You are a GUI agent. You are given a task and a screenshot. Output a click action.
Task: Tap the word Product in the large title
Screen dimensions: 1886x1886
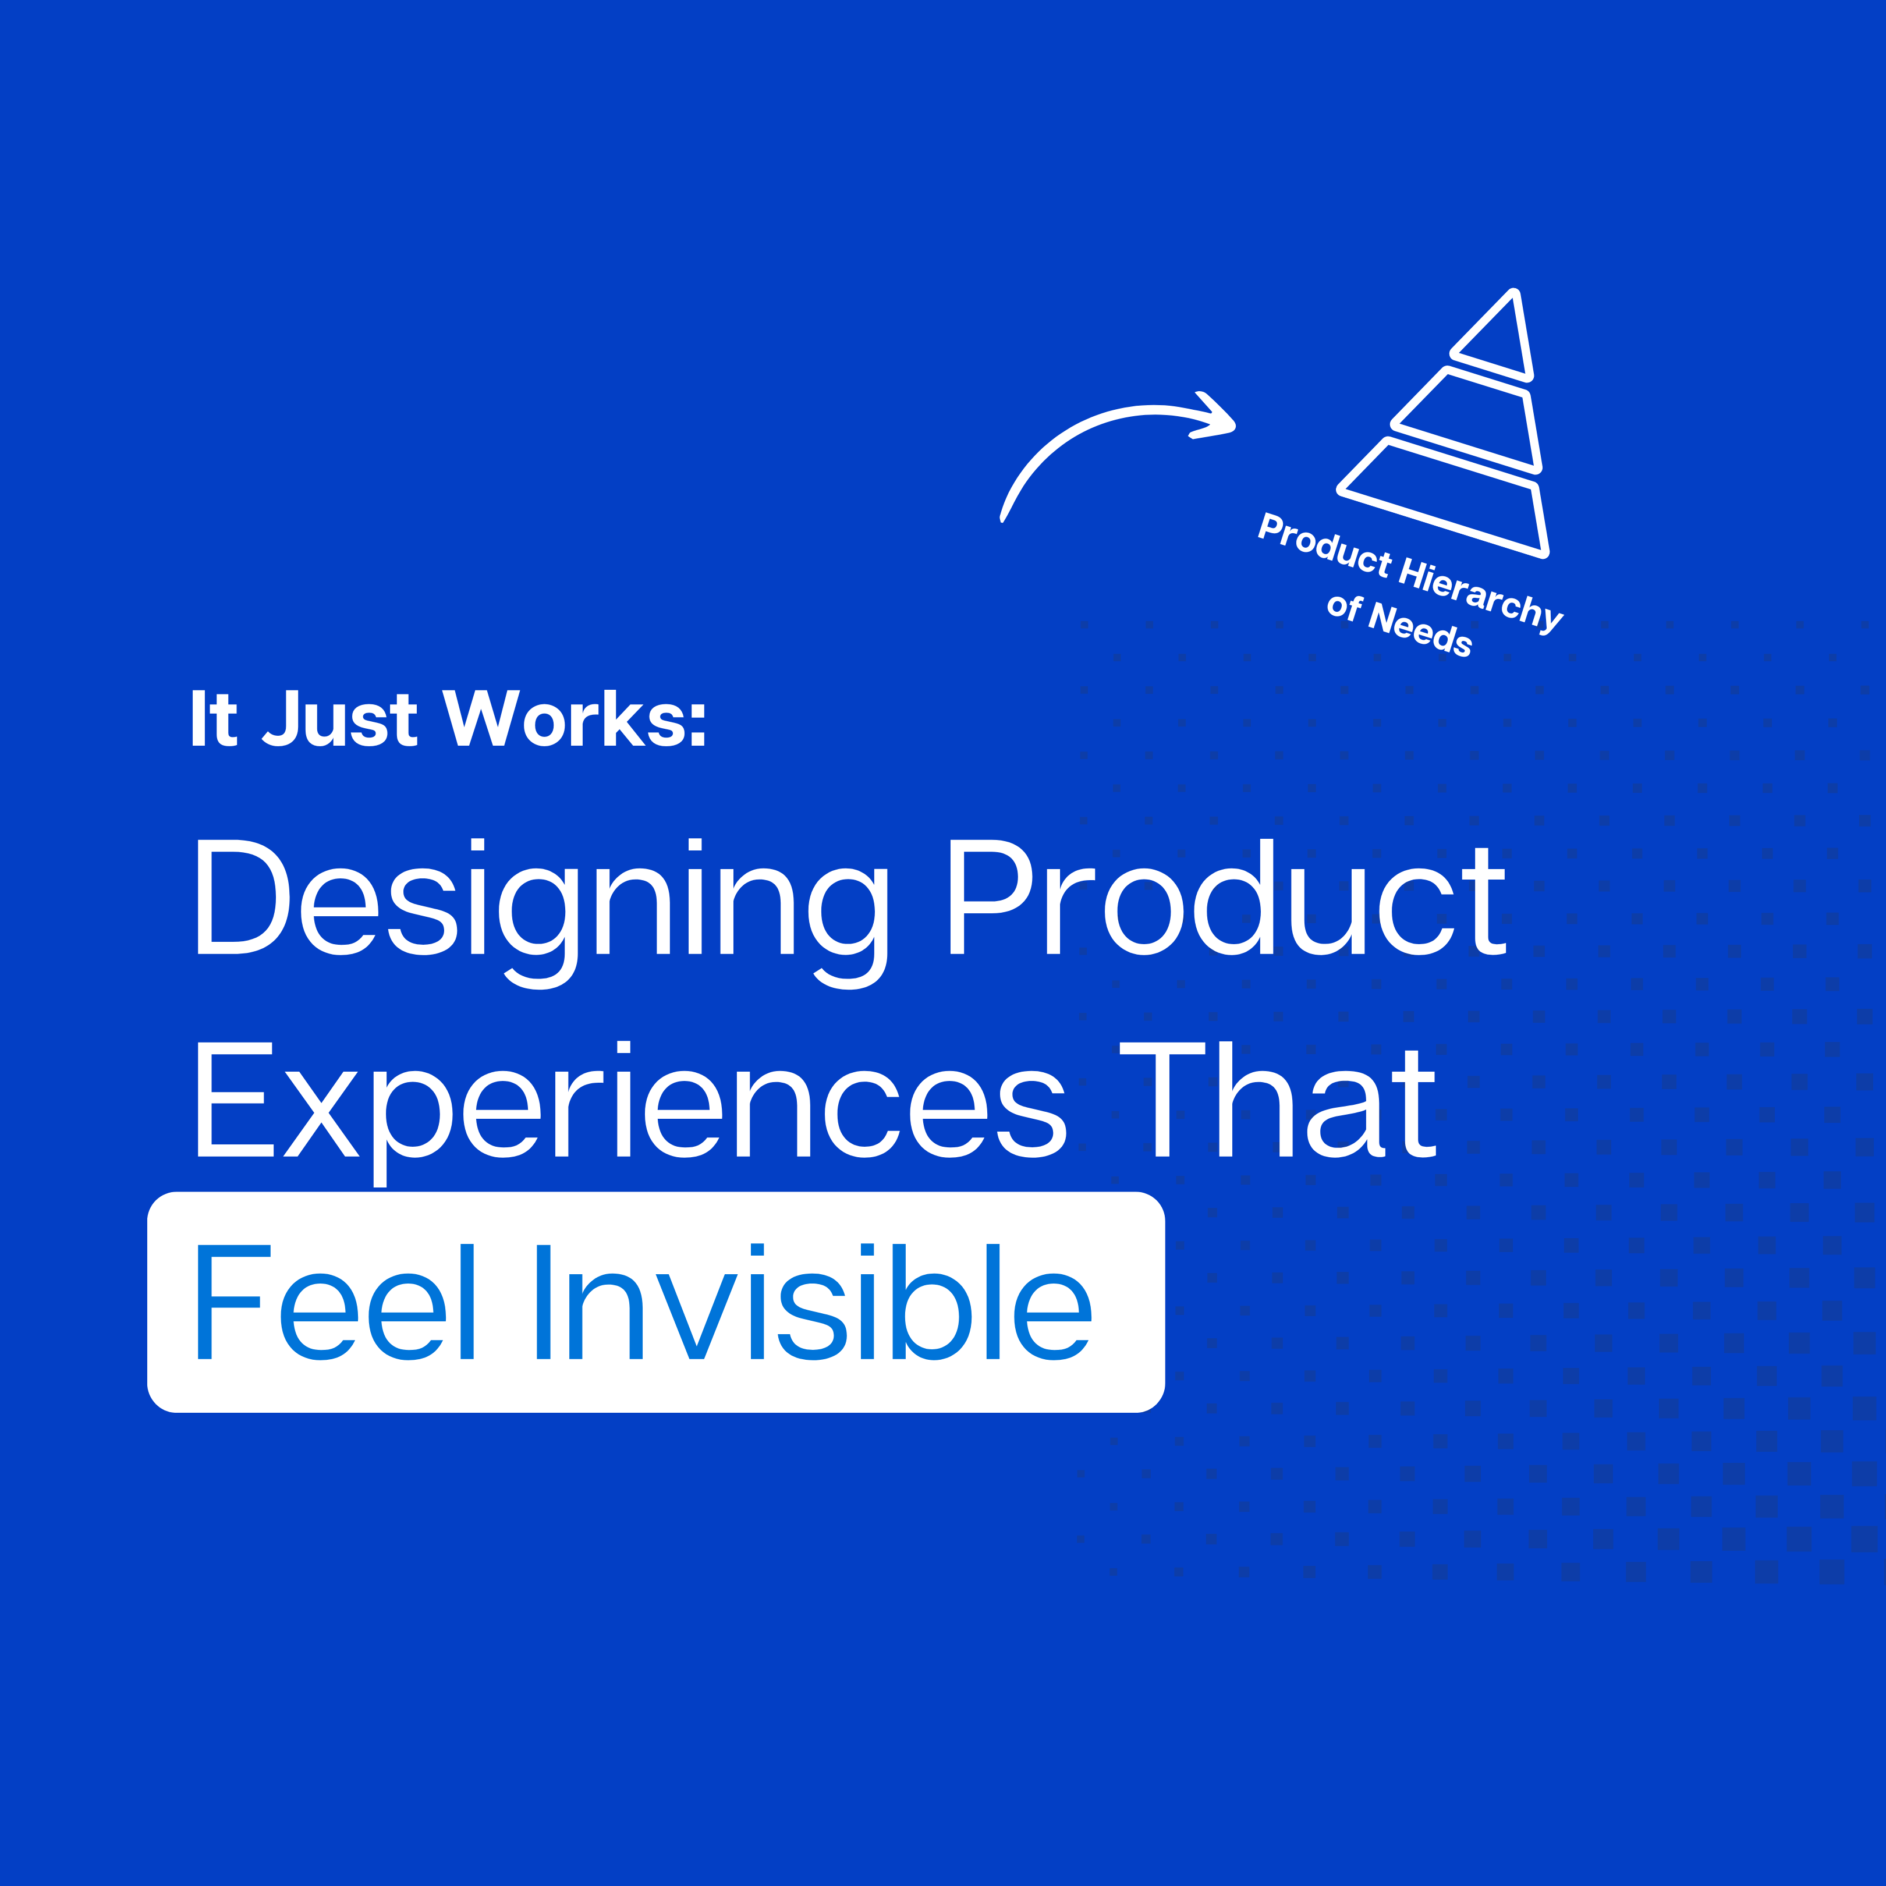click(1227, 897)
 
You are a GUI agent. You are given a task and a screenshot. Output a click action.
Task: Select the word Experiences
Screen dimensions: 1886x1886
click(630, 1113)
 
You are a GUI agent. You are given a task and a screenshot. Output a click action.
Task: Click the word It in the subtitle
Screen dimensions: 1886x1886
click(214, 719)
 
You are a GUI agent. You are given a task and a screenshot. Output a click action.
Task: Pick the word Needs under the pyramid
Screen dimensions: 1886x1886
click(1420, 630)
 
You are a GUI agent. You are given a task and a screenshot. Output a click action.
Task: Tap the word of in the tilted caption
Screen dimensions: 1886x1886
click(1344, 607)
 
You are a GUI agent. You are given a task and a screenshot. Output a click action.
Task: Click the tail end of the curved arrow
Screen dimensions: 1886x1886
click(1002, 518)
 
